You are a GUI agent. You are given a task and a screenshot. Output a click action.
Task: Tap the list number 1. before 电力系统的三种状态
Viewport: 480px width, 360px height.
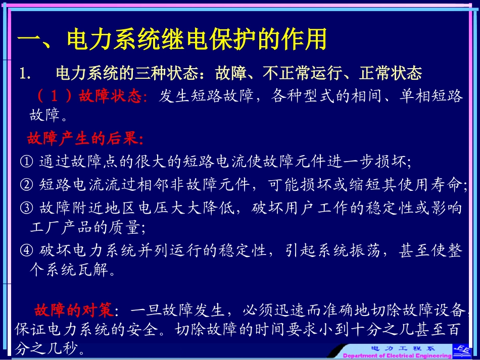pyautogui.click(x=25, y=74)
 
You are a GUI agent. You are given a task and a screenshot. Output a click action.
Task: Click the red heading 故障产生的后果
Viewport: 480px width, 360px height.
pyautogui.click(x=85, y=138)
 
